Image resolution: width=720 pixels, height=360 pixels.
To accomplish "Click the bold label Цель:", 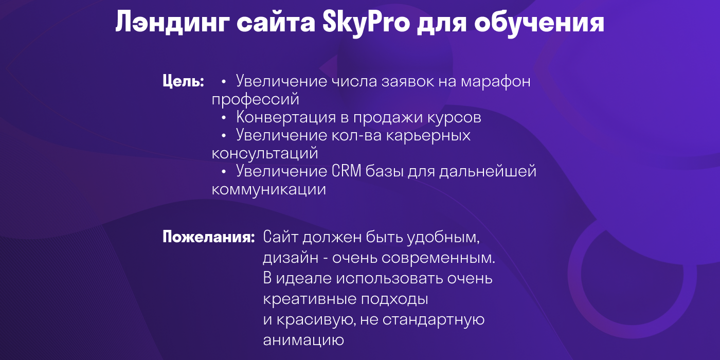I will click(184, 82).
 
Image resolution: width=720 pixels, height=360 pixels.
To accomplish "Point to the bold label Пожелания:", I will click(209, 238).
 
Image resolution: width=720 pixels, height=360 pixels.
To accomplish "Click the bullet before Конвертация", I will click(224, 118).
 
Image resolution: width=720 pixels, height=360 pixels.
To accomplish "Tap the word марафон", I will click(496, 82).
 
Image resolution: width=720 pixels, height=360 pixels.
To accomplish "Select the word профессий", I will click(256, 99).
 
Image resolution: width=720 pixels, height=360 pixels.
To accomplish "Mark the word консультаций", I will click(265, 153).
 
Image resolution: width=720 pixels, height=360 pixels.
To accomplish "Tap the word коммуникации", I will click(268, 189).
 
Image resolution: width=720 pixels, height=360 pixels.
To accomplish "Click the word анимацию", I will click(303, 340).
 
